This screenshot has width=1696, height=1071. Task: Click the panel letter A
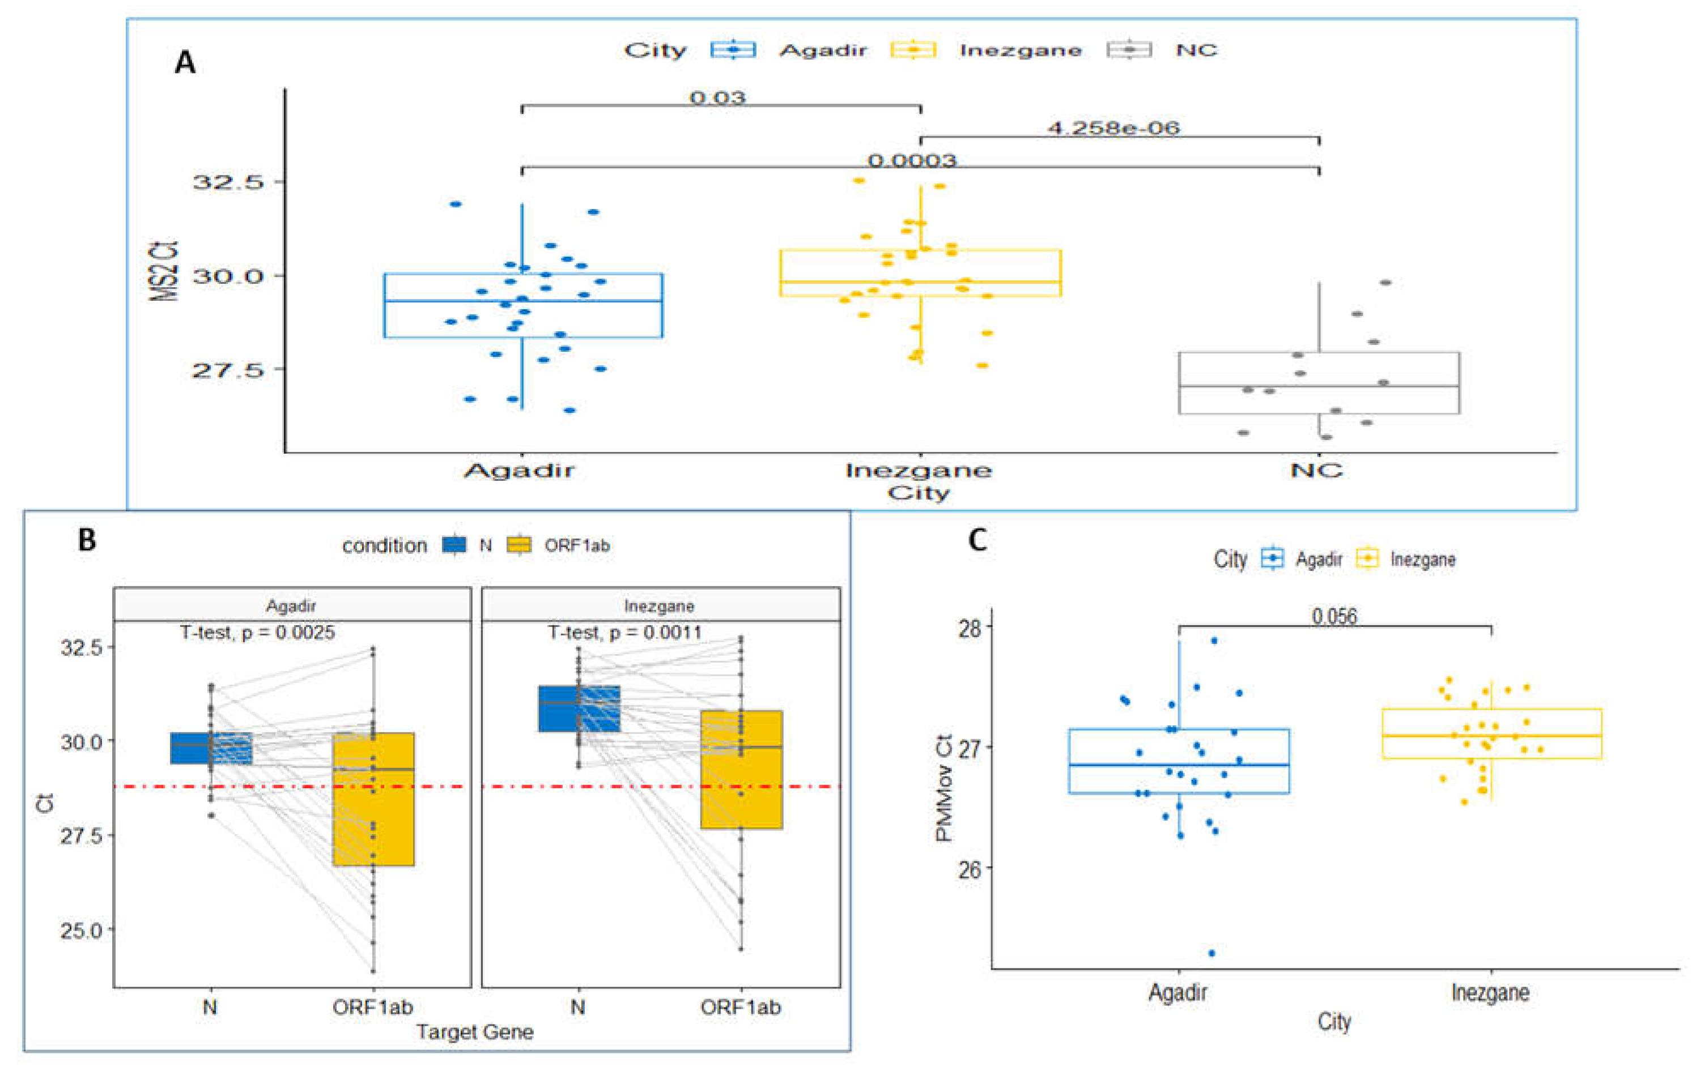tap(185, 63)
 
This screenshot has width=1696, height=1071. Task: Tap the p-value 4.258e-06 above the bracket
tap(1113, 128)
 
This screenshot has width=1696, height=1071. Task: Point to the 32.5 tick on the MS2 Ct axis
tap(218, 182)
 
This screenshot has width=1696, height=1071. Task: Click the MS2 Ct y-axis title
tap(164, 271)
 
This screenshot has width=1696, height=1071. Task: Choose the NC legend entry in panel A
tap(1196, 50)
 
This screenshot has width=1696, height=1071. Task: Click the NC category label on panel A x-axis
tap(1316, 470)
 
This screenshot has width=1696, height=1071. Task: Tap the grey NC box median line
tap(1319, 386)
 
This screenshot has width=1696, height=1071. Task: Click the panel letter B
tap(87, 540)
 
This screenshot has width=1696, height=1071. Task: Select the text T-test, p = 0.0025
tap(257, 632)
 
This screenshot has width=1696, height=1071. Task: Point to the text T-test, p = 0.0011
tap(624, 632)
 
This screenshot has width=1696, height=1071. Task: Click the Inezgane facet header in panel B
tap(659, 605)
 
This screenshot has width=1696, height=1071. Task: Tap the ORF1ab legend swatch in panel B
tap(519, 545)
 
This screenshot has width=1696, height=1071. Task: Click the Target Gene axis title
tap(475, 1031)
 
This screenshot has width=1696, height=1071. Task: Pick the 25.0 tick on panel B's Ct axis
tap(82, 930)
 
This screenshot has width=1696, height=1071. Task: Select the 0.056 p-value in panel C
tap(1334, 616)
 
